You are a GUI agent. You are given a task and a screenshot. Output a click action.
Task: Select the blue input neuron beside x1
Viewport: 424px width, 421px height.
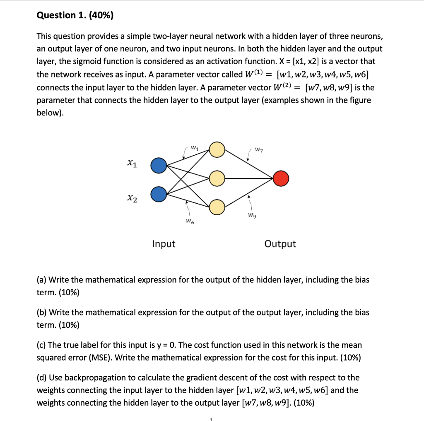coord(158,166)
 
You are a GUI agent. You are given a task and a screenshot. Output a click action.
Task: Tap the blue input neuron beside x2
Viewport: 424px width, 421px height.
coord(158,193)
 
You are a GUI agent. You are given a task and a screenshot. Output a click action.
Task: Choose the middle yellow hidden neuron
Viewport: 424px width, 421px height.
coord(217,179)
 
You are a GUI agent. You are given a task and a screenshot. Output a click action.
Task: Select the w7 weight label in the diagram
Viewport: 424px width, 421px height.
coord(258,149)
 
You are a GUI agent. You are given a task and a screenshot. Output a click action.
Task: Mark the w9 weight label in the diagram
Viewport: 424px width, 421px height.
coord(251,215)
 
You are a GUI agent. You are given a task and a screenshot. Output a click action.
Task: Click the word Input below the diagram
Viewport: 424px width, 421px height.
coord(164,244)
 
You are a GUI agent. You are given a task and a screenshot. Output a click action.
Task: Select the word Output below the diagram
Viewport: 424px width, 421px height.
coord(280,244)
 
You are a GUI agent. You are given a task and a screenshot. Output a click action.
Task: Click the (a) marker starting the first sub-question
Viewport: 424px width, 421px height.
coord(42,280)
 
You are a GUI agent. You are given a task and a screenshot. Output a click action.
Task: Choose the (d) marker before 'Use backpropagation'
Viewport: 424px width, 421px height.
coord(42,378)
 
